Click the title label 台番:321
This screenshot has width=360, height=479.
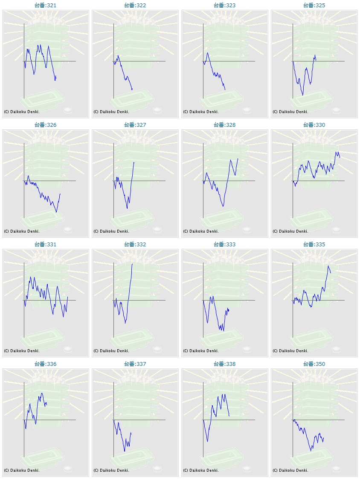pyautogui.click(x=45, y=6)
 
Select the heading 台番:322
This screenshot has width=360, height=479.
pyautogui.click(x=135, y=6)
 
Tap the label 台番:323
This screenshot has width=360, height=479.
pyautogui.click(x=224, y=6)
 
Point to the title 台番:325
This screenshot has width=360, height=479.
pyautogui.click(x=314, y=6)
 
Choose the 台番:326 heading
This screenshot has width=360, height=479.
pyautogui.click(x=45, y=125)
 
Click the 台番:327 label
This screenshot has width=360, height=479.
pyautogui.click(x=135, y=125)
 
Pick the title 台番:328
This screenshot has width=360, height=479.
pyautogui.click(x=224, y=125)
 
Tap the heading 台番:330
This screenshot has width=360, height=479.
pyautogui.click(x=314, y=125)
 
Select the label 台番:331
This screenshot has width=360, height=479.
pyautogui.click(x=45, y=245)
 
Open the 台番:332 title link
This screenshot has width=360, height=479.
pyautogui.click(x=135, y=245)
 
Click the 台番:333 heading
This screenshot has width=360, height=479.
pyautogui.click(x=224, y=245)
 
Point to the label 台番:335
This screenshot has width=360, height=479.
pyautogui.click(x=314, y=245)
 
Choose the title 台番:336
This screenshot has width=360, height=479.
pyautogui.click(x=45, y=364)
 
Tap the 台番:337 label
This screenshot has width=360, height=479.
pyautogui.click(x=135, y=364)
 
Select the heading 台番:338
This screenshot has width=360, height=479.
pyautogui.click(x=224, y=364)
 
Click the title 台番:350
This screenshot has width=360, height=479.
pyautogui.click(x=314, y=364)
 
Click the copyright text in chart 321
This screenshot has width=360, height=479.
pyautogui.click(x=22, y=112)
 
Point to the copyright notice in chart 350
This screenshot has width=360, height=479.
pyautogui.click(x=290, y=470)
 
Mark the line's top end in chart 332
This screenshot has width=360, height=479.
pyautogui.click(x=133, y=264)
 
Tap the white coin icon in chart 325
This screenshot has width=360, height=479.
pyautogui.click(x=337, y=110)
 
